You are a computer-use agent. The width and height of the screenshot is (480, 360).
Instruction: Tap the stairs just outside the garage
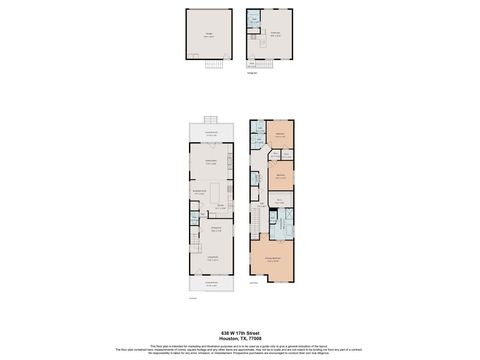pos(212,65)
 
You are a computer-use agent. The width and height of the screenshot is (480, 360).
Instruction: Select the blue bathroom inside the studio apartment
pos(253,18)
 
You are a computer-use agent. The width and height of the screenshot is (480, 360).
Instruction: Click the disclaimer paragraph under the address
pos(239,349)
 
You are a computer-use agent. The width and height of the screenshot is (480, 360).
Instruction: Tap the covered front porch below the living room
pos(211,285)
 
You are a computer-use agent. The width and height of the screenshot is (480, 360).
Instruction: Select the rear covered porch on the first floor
pos(211,134)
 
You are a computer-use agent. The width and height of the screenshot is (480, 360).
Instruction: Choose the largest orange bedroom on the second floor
pos(272,259)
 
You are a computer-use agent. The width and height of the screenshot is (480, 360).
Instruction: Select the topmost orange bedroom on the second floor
pos(281,135)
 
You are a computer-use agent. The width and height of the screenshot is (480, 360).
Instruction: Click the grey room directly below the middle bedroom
pos(281,198)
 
